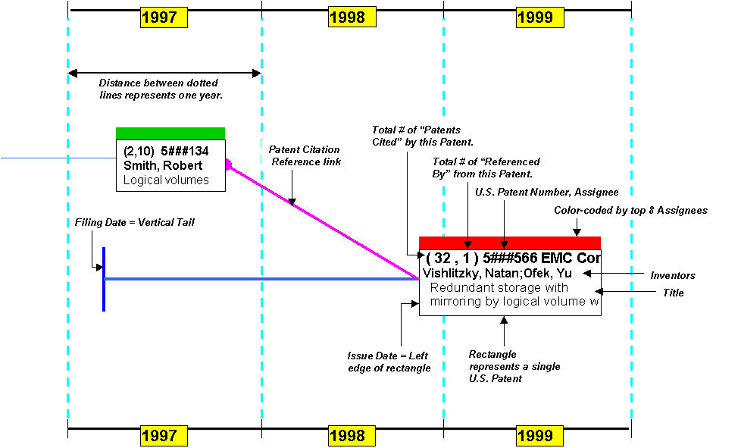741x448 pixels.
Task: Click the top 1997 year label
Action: (x=164, y=17)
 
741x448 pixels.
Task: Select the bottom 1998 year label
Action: (x=352, y=436)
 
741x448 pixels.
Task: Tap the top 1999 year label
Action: (x=540, y=17)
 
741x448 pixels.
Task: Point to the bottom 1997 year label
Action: (x=164, y=436)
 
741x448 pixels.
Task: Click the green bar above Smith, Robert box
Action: (x=170, y=133)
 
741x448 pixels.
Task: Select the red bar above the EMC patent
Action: (x=510, y=243)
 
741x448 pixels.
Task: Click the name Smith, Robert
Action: (x=163, y=165)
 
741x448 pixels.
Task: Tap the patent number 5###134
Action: (x=185, y=151)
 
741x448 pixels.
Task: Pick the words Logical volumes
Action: (x=166, y=180)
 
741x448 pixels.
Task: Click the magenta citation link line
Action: (x=324, y=221)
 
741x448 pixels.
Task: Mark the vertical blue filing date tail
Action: (x=104, y=279)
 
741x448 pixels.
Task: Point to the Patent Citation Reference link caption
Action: (x=305, y=155)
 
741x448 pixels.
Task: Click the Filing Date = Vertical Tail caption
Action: (x=135, y=223)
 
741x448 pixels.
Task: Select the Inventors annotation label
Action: (x=673, y=275)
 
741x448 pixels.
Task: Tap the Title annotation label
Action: (x=673, y=293)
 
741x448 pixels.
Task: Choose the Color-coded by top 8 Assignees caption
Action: (x=630, y=210)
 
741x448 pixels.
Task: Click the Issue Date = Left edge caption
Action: (x=389, y=362)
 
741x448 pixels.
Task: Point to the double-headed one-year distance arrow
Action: (x=164, y=74)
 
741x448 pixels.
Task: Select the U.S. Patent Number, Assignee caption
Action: (x=547, y=192)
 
